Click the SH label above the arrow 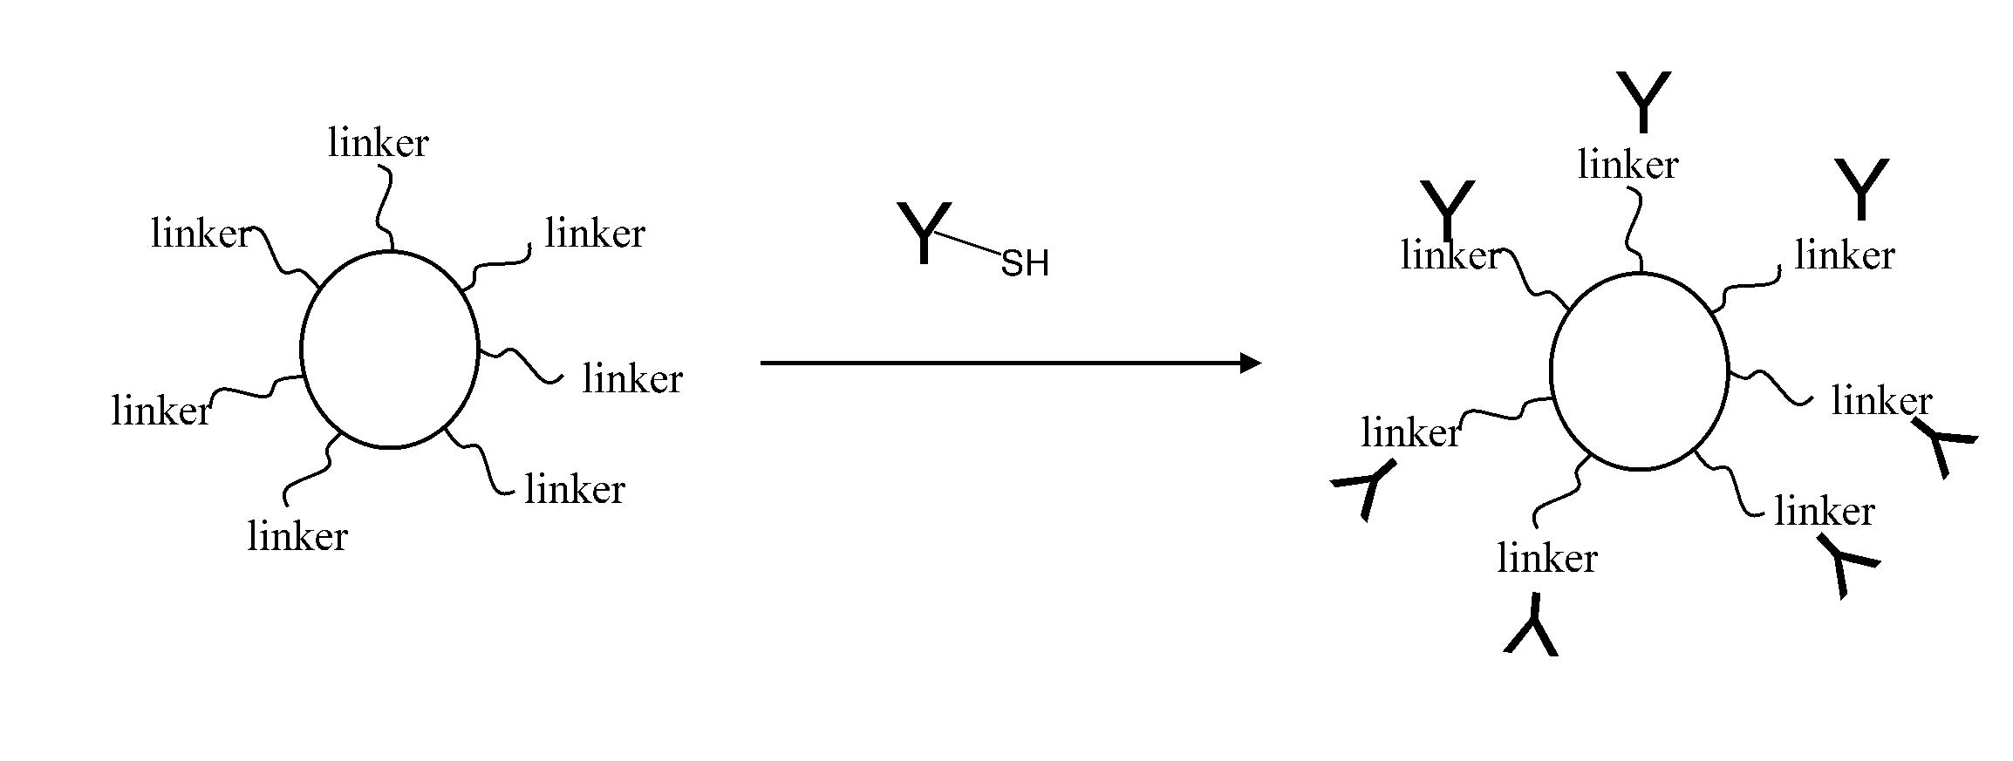[x=1024, y=263]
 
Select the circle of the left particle [x=389, y=350]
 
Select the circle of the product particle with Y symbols [x=1639, y=371]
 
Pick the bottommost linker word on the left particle [x=297, y=536]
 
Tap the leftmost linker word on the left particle [x=161, y=411]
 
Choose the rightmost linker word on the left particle [x=632, y=379]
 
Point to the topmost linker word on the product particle [x=1627, y=166]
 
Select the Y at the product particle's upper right [x=1861, y=188]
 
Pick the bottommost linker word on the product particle [x=1546, y=559]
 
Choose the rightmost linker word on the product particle [x=1881, y=401]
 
